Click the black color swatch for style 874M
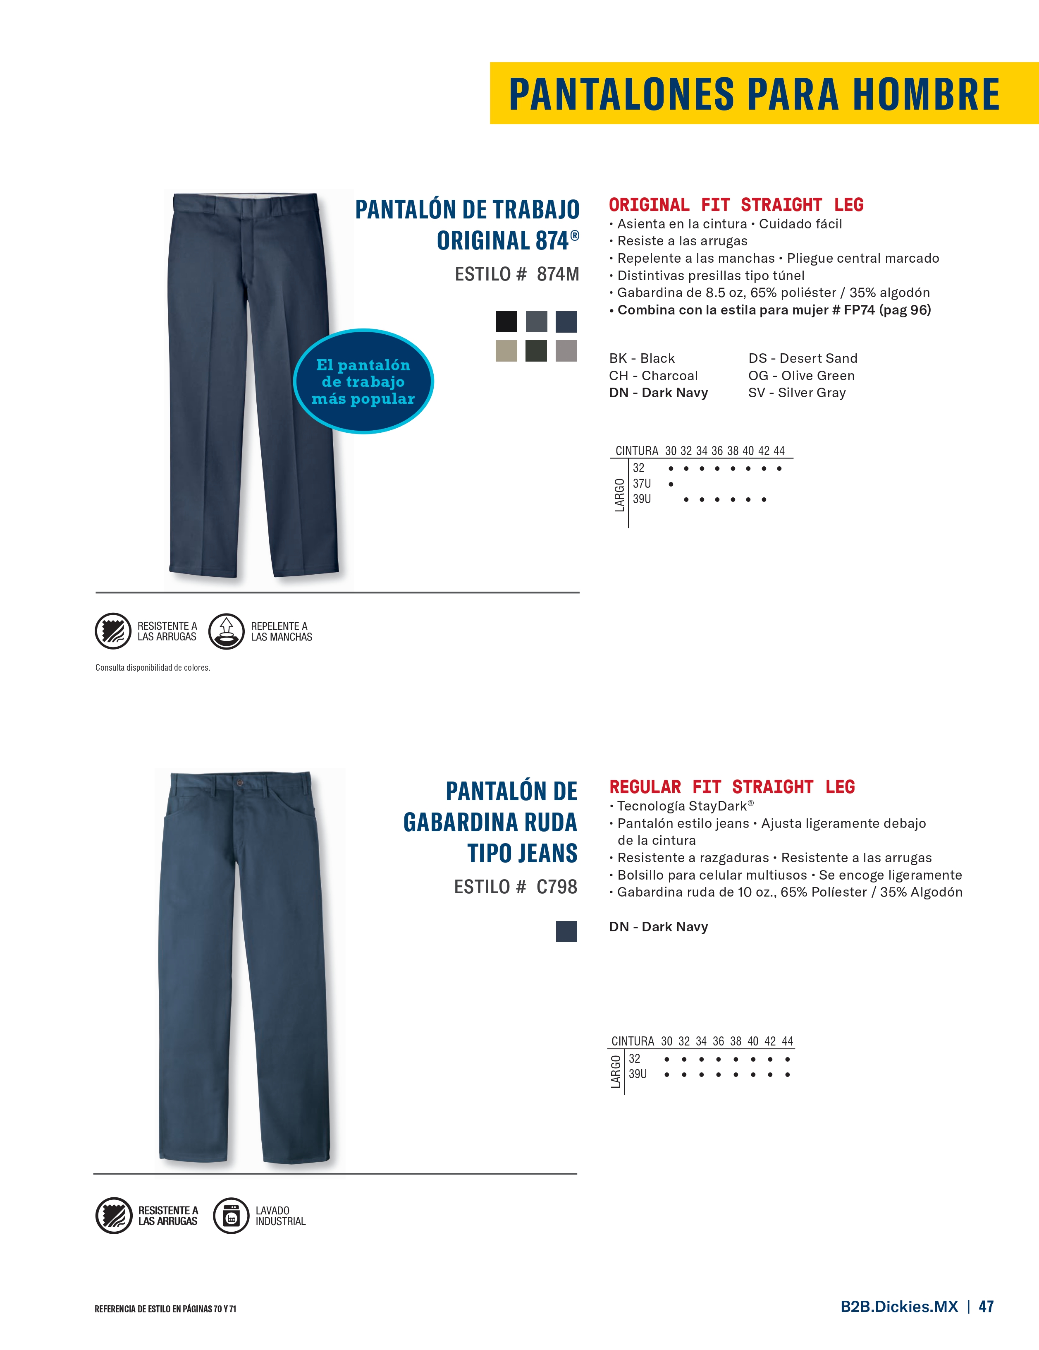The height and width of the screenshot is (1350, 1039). (x=506, y=321)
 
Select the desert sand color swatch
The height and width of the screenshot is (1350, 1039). (x=506, y=350)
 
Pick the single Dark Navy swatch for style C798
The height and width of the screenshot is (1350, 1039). (x=566, y=931)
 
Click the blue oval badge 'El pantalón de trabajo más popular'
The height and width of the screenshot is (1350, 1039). (x=363, y=381)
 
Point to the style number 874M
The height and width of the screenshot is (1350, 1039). (x=557, y=274)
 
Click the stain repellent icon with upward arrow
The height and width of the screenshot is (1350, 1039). (x=226, y=631)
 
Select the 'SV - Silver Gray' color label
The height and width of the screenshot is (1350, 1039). (x=796, y=393)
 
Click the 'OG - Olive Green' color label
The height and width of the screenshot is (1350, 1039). (x=801, y=375)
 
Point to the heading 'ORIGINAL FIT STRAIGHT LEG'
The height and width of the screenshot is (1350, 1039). (x=736, y=205)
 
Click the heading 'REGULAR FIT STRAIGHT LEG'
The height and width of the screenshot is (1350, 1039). (x=731, y=787)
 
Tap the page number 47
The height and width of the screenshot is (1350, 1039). (x=986, y=1306)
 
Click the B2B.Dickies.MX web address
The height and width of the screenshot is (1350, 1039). (x=899, y=1306)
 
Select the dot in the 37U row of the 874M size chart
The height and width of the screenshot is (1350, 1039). (x=671, y=484)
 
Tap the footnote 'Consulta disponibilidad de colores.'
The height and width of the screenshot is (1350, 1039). (x=153, y=668)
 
